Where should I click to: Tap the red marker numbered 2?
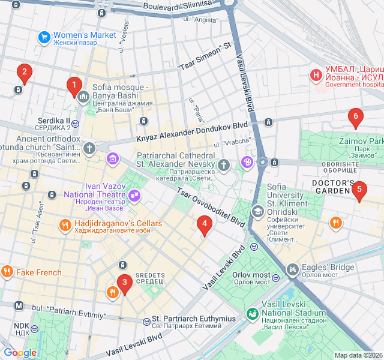click(x=24, y=73)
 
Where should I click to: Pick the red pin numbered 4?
click(x=205, y=226)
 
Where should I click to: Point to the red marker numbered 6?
click(x=355, y=118)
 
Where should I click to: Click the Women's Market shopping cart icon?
click(x=44, y=37)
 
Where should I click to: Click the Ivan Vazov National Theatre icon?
click(x=134, y=194)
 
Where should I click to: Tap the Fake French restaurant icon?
click(x=7, y=271)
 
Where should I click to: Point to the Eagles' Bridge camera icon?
click(x=292, y=269)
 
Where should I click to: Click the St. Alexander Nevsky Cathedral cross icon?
click(x=224, y=164)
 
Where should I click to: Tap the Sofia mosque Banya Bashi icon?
click(x=83, y=96)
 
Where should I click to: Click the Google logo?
click(x=20, y=353)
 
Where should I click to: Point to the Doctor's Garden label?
click(x=333, y=187)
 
